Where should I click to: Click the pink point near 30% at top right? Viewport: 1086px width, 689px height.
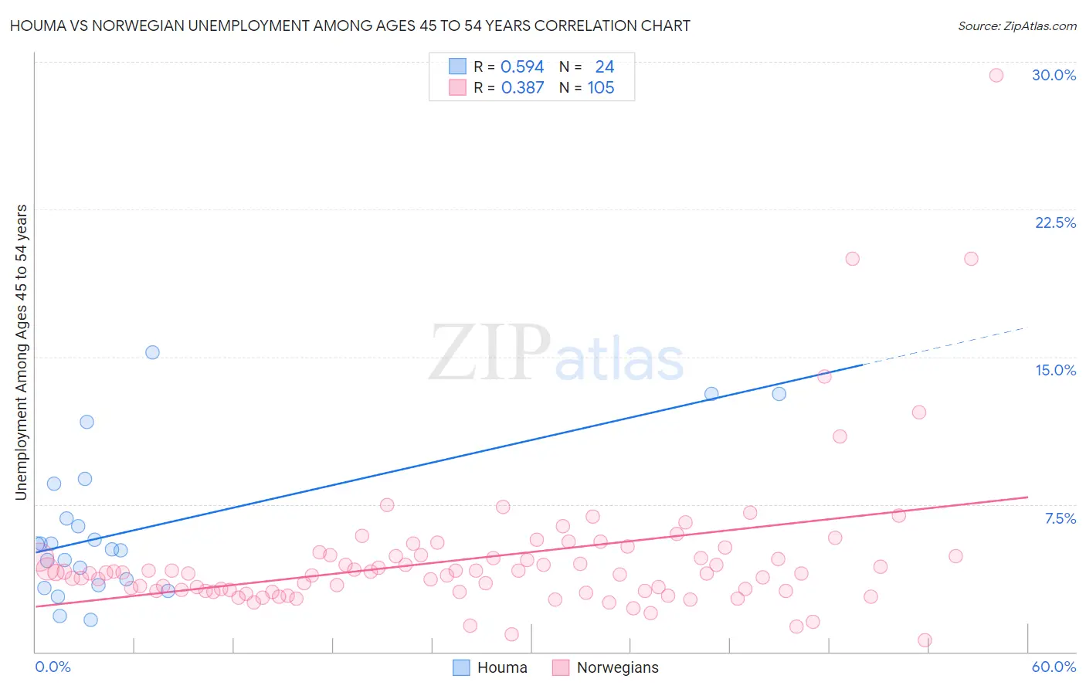pos(996,75)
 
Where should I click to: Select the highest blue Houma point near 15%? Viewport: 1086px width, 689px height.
pos(152,352)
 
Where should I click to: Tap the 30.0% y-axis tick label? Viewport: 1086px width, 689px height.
pos(1054,75)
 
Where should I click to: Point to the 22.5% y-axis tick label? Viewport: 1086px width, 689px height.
pos(1055,222)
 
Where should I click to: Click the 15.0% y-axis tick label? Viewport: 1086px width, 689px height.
pos(1055,370)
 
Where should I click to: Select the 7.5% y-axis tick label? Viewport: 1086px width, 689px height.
pos(1060,518)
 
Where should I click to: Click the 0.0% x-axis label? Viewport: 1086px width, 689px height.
pos(53,667)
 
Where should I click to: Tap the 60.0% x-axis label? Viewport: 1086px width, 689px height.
pos(1054,667)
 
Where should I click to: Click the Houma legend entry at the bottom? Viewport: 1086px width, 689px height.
pos(490,667)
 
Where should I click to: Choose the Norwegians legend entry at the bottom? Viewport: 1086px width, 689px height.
pos(606,667)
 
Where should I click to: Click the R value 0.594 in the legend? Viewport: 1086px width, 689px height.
pos(522,66)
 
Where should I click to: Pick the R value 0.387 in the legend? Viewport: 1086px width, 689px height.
pos(522,87)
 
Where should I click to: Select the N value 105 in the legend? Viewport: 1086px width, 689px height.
pos(601,87)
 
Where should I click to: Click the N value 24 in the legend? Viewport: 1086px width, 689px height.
pos(604,66)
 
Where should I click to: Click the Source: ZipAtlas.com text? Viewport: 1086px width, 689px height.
pos(1016,25)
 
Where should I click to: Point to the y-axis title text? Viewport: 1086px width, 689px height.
pos(21,351)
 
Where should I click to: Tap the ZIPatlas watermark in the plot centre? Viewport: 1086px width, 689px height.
pos(556,353)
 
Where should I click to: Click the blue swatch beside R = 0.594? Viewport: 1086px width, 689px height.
pos(457,66)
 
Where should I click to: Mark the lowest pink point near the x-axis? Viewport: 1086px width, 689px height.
pos(924,640)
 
